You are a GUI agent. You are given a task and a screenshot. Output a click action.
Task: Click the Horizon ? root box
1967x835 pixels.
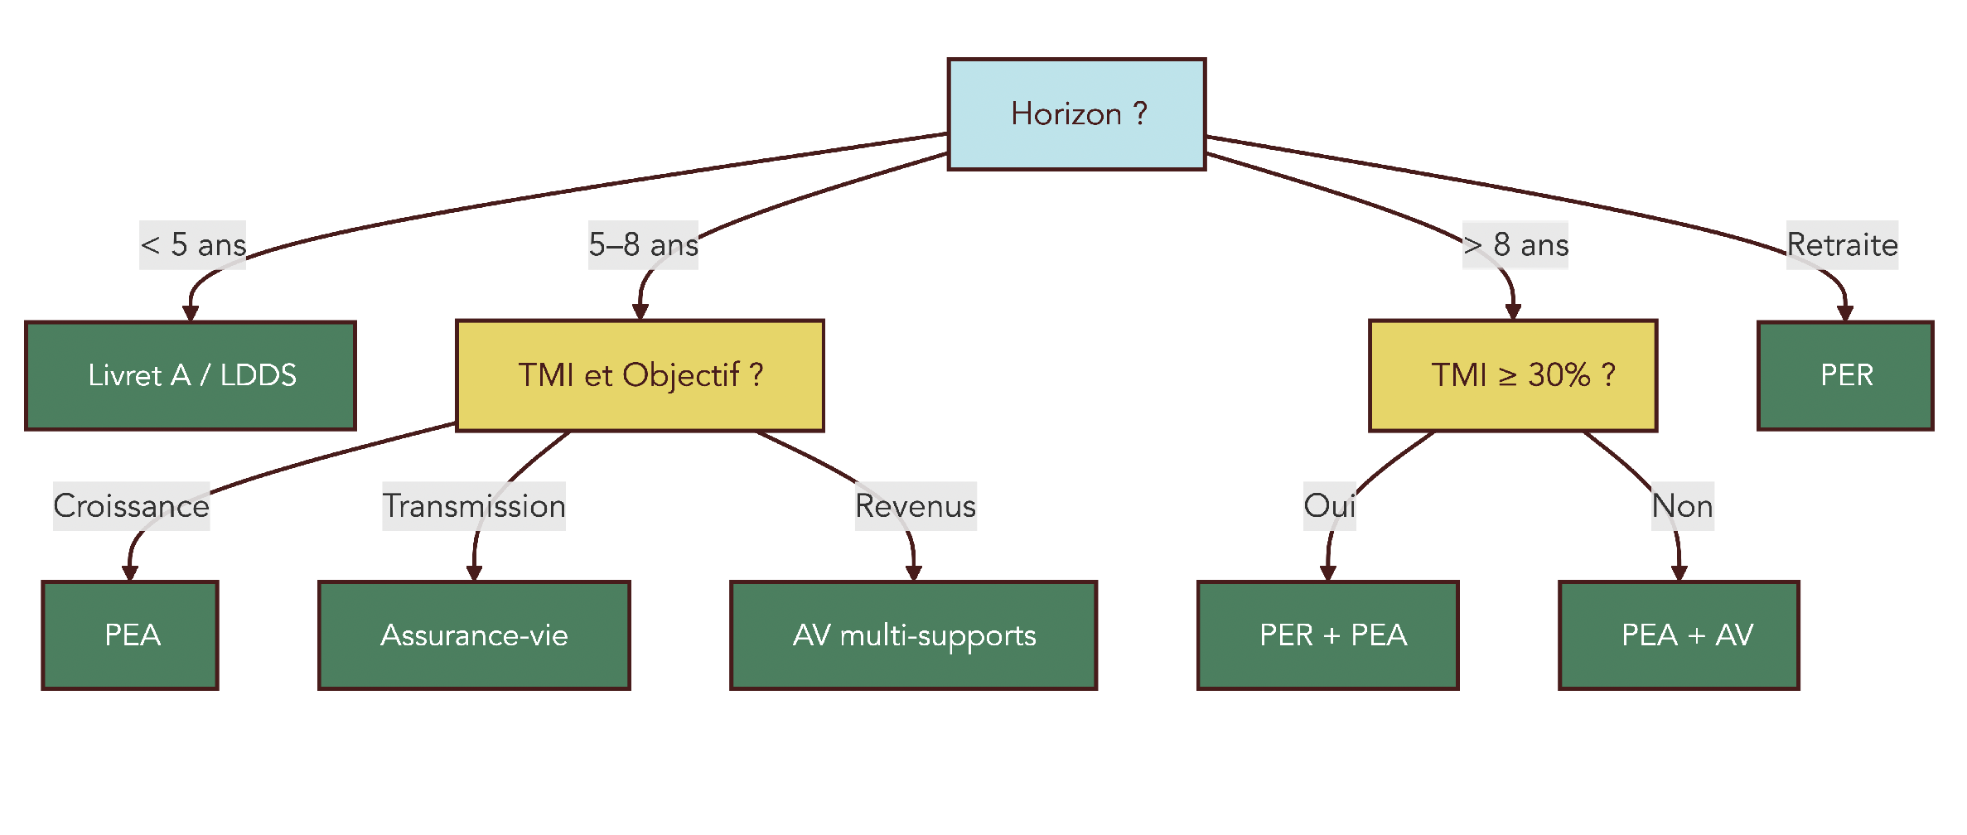[1076, 114]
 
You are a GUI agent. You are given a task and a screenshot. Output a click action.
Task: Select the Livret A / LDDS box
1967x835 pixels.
[191, 375]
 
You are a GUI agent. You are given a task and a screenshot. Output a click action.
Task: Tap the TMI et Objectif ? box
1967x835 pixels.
[640, 375]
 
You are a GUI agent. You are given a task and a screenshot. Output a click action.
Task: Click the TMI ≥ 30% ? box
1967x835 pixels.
[1513, 375]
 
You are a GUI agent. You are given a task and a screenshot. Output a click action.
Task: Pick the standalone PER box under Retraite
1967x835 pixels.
[1845, 375]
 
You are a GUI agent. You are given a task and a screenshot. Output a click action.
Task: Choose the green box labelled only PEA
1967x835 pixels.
[130, 635]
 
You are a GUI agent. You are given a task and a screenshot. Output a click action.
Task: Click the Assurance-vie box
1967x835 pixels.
[474, 635]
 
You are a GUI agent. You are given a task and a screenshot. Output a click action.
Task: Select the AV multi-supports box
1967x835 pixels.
[913, 635]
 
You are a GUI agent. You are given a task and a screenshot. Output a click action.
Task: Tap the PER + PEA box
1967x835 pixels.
[1328, 635]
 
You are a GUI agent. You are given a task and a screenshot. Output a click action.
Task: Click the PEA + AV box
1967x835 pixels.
[1679, 635]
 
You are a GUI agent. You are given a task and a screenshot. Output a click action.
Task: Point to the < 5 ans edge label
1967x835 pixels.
[192, 245]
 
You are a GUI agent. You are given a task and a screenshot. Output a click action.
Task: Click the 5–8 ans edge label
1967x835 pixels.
[643, 245]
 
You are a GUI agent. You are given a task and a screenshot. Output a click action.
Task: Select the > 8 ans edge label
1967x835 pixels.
[1515, 245]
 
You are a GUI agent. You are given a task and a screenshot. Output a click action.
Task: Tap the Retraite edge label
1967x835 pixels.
[1842, 245]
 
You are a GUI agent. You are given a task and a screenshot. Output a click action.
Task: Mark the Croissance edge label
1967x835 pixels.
[131, 506]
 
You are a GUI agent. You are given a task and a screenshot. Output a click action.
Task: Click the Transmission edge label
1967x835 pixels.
[473, 506]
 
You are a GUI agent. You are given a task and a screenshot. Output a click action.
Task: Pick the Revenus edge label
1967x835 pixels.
[916, 506]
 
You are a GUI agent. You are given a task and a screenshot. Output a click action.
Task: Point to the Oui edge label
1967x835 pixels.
[1329, 506]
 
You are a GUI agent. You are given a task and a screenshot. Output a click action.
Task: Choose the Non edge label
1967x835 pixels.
[1682, 506]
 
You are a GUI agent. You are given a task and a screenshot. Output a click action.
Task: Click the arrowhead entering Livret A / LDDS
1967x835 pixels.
[191, 314]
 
